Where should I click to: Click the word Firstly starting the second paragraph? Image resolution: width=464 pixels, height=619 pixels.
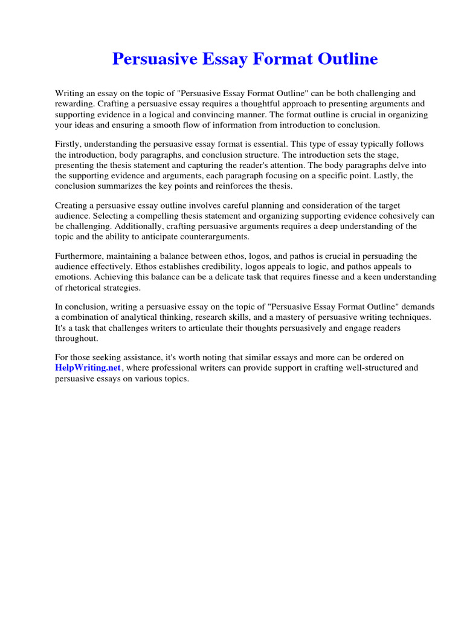68,144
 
